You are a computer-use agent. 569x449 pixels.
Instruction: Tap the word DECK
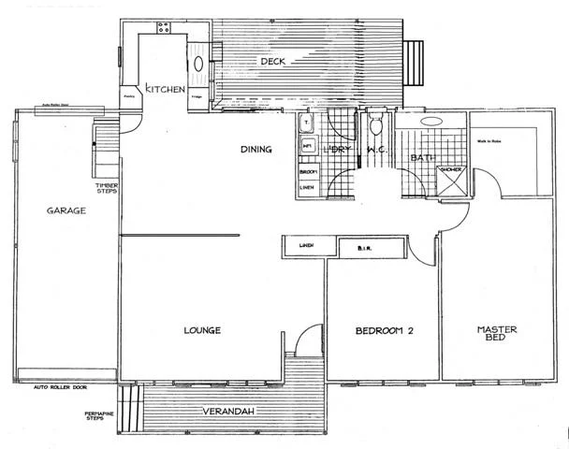272,62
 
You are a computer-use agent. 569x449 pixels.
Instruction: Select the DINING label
255,149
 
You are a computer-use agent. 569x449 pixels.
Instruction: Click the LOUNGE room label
201,330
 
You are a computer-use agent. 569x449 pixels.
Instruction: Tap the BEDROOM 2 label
384,332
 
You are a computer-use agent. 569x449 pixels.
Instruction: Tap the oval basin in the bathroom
432,122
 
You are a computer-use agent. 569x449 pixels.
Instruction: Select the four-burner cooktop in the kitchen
164,28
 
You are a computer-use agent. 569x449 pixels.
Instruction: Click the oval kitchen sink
199,65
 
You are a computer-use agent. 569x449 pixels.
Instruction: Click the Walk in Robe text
491,141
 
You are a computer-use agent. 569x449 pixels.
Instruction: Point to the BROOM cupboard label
307,172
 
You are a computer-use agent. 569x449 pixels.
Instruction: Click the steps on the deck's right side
415,62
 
